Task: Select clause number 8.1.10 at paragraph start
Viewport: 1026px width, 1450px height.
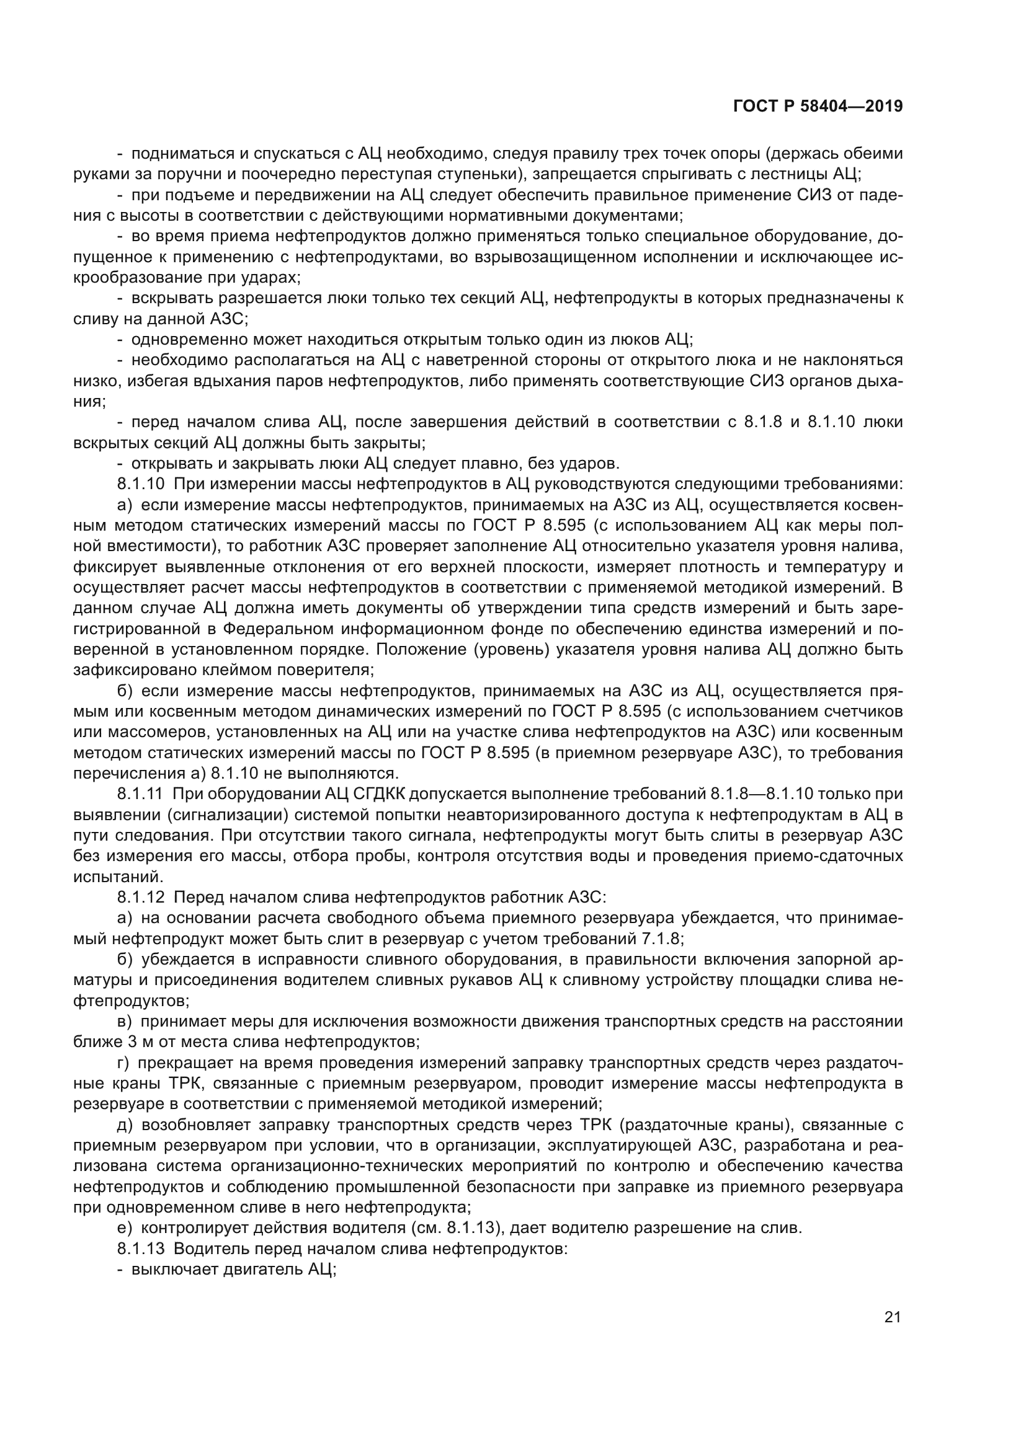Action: (x=141, y=484)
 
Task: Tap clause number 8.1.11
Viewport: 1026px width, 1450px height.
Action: (x=141, y=795)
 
